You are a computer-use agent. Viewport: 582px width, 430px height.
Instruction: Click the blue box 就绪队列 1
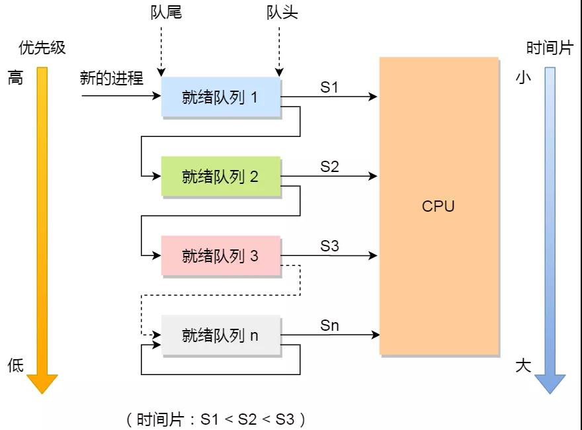click(221, 98)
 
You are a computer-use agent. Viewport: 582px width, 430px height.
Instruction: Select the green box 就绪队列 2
click(221, 177)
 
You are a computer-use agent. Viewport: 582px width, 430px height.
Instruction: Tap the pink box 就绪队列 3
click(221, 256)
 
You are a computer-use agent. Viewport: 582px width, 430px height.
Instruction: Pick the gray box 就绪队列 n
click(221, 335)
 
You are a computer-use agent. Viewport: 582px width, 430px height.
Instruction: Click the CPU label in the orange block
click(438, 206)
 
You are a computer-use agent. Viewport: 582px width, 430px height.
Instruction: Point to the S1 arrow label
click(329, 87)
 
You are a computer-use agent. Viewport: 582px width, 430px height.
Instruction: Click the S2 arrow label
click(329, 167)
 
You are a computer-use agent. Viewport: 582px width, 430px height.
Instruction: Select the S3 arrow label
click(329, 246)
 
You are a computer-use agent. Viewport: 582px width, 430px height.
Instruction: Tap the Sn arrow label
click(329, 325)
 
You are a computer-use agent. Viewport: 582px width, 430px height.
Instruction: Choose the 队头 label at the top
click(282, 13)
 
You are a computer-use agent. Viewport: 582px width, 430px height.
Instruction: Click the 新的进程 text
click(111, 79)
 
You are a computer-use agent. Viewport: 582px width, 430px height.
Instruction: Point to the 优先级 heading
click(42, 48)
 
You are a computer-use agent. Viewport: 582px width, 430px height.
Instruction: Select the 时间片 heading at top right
click(549, 48)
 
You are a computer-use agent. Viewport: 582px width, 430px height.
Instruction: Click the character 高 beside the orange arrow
click(15, 78)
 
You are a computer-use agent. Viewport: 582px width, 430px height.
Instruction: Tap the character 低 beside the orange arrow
click(15, 365)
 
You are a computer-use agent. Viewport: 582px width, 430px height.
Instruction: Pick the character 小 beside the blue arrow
click(523, 78)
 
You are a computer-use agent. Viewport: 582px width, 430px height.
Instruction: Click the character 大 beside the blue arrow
click(523, 365)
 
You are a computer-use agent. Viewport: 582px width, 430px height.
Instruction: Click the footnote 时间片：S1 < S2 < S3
click(216, 419)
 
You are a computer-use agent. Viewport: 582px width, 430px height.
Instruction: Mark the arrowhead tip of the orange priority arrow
click(42, 393)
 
